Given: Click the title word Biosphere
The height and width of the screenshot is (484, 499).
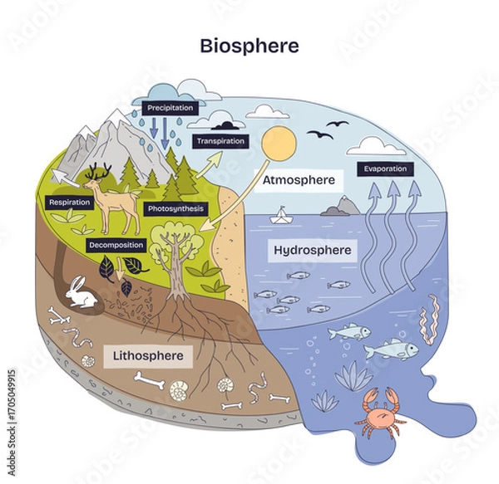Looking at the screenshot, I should point(249,43).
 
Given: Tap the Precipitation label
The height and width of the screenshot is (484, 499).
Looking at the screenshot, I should point(170,108).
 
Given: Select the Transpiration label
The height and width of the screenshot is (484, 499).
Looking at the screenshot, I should point(220,141).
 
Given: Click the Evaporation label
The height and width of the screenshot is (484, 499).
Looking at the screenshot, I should point(385,169).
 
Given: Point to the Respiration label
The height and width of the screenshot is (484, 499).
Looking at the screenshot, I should point(70,202).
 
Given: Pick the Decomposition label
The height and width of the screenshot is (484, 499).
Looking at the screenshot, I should point(116,245).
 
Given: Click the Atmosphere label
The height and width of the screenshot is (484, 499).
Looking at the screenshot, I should point(298,179).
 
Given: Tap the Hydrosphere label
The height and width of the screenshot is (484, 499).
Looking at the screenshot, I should point(312,249).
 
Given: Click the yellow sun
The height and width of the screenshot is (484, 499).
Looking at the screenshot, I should point(279,146).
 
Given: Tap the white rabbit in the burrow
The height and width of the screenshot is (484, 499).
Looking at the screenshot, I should point(82,292).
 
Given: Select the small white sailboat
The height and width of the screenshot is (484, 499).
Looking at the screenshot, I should point(284,215).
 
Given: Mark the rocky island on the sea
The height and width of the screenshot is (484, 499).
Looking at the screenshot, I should point(340,206).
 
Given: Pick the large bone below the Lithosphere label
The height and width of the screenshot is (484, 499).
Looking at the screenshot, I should point(151,383).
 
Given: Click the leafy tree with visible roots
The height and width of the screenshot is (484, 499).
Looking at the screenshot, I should point(179,253).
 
